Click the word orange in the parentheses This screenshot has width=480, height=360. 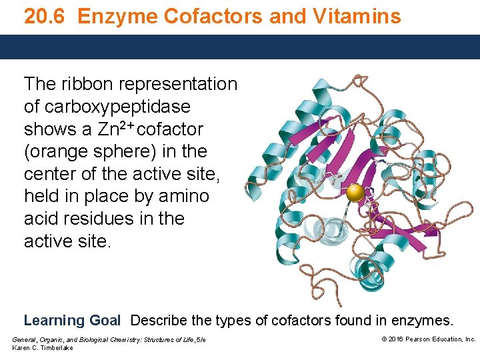(63, 151)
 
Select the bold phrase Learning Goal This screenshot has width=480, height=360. (72, 321)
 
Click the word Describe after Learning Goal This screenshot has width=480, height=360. (165, 321)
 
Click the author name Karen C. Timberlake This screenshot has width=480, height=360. (43, 348)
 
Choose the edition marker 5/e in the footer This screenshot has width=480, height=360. (201, 340)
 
